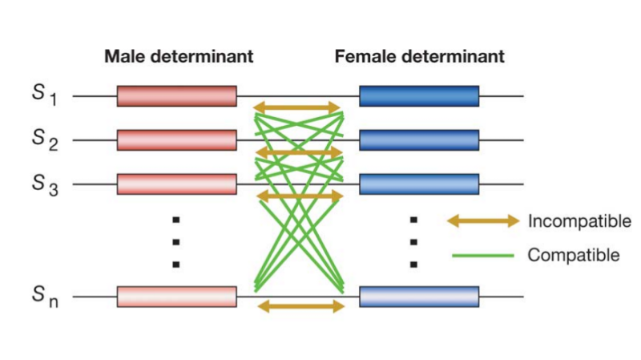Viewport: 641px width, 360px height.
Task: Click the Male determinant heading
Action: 178,57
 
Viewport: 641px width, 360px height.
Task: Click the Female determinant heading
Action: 419,57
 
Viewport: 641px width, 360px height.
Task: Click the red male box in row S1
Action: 177,96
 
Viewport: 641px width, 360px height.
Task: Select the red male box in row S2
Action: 177,140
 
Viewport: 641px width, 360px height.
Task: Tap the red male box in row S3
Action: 177,184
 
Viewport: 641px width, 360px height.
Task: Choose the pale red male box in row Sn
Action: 177,297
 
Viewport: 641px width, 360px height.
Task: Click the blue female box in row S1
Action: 419,96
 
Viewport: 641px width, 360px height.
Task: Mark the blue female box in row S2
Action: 419,140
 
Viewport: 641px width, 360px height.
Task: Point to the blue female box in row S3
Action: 419,184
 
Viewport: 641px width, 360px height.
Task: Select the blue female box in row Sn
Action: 419,297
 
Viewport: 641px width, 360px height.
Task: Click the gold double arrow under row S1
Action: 297,107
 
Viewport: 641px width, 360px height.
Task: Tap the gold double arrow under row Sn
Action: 297,305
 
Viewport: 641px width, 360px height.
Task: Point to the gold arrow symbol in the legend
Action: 482,221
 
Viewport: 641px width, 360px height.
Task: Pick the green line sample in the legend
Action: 482,256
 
